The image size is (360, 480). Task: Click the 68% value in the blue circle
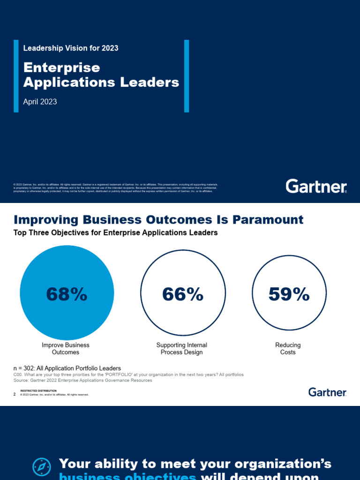tap(67, 294)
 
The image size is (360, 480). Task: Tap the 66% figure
tap(183, 294)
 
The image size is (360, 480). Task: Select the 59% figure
tap(289, 294)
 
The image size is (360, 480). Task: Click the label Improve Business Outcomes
tap(66, 348)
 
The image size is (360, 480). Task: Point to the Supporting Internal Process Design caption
tap(182, 348)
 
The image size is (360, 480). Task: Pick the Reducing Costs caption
tap(288, 348)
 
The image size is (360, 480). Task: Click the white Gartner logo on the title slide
tap(316, 186)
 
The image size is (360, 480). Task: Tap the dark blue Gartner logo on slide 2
tap(327, 392)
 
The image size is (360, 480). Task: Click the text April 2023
tap(40, 102)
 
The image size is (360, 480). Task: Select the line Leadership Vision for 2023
tap(71, 48)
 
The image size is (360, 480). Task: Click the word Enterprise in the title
tap(62, 67)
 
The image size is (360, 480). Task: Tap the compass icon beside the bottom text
tap(42, 467)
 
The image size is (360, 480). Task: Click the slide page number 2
tap(15, 394)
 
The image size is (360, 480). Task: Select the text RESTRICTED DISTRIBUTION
tap(38, 390)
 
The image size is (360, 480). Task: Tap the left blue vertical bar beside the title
tap(16, 76)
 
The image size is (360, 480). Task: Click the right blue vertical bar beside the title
tap(187, 76)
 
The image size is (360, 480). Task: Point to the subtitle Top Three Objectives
tap(116, 232)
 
